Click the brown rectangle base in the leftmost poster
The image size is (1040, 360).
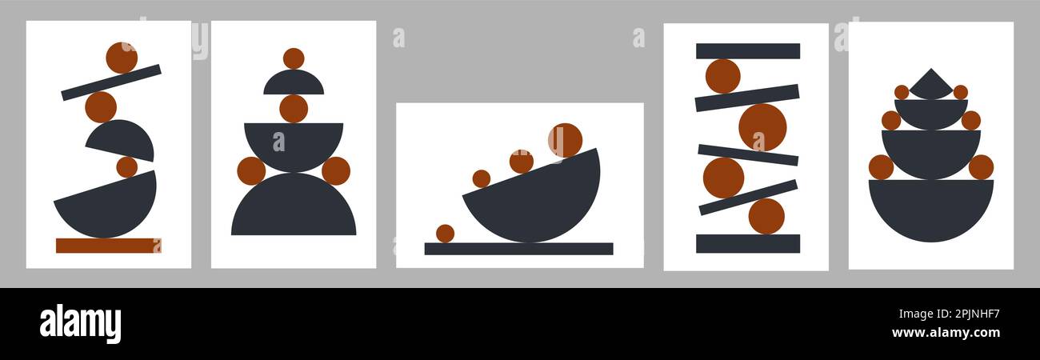tap(109, 246)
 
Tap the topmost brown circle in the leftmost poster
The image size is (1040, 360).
tap(122, 58)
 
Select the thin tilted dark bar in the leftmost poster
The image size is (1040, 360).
tap(111, 82)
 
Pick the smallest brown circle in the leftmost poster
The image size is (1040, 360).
tap(126, 167)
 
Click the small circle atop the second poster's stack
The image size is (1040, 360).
tap(294, 58)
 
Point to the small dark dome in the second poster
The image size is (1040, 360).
tap(294, 82)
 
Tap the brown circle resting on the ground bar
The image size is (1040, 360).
tap(446, 234)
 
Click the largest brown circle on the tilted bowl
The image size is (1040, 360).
tap(565, 140)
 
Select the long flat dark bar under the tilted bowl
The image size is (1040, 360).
tap(518, 249)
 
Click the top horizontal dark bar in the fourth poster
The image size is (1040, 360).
tap(748, 51)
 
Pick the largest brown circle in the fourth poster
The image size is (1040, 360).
tap(763, 127)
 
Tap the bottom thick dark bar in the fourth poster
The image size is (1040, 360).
tap(748, 243)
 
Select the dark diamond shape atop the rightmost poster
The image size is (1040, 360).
tap(931, 85)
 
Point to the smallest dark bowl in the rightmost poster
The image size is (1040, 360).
tap(931, 114)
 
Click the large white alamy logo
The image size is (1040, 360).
tap(80, 323)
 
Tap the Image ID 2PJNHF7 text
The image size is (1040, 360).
tap(949, 314)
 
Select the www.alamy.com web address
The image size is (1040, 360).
tap(946, 333)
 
